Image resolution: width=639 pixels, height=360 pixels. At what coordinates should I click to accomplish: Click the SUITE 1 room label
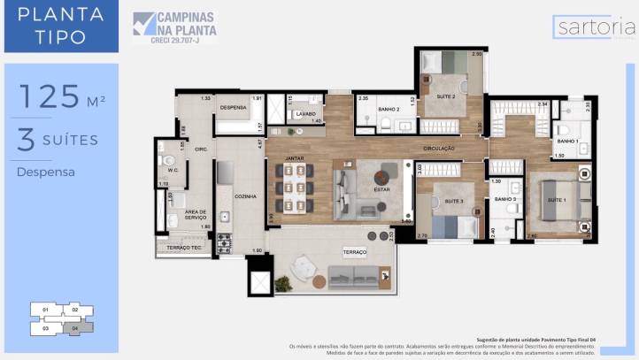[x=557, y=200]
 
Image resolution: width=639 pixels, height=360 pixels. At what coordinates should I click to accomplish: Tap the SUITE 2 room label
[x=445, y=96]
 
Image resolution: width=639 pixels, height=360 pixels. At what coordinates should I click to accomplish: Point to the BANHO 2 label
[x=389, y=109]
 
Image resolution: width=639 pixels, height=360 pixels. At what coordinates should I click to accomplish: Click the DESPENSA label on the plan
[x=233, y=107]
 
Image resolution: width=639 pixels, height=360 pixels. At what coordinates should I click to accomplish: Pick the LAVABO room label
[x=306, y=114]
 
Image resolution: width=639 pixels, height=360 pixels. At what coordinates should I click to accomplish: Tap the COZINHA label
[x=245, y=195]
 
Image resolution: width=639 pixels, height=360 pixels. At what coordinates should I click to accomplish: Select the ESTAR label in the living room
[x=383, y=188]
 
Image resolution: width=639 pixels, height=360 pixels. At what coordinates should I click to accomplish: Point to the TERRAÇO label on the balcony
[x=354, y=252]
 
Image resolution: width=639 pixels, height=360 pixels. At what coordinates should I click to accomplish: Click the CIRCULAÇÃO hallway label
[x=439, y=149]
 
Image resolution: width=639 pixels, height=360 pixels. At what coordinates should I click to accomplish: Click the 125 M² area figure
[x=61, y=96]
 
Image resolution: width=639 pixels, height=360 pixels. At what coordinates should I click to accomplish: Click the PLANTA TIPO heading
[x=60, y=26]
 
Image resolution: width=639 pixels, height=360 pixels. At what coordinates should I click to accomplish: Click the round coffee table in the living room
[x=387, y=172]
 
